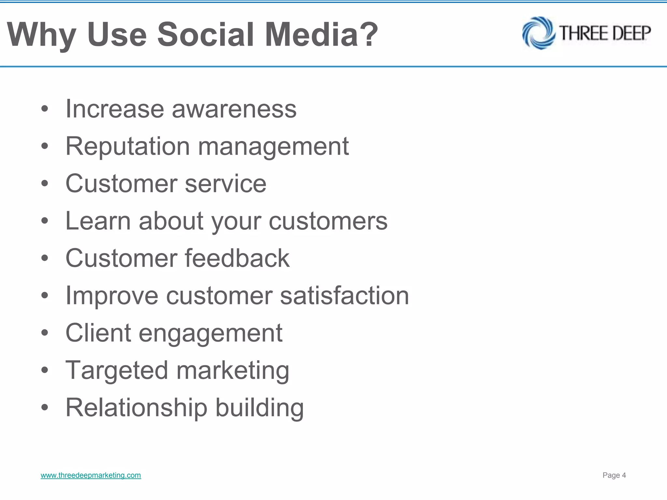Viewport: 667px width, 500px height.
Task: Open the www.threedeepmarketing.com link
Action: pyautogui.click(x=91, y=475)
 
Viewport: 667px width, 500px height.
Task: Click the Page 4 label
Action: pyautogui.click(x=614, y=475)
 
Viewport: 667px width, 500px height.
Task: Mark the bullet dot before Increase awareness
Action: pyautogui.click(x=45, y=109)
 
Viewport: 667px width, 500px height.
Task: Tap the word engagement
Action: pyautogui.click(x=210, y=333)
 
